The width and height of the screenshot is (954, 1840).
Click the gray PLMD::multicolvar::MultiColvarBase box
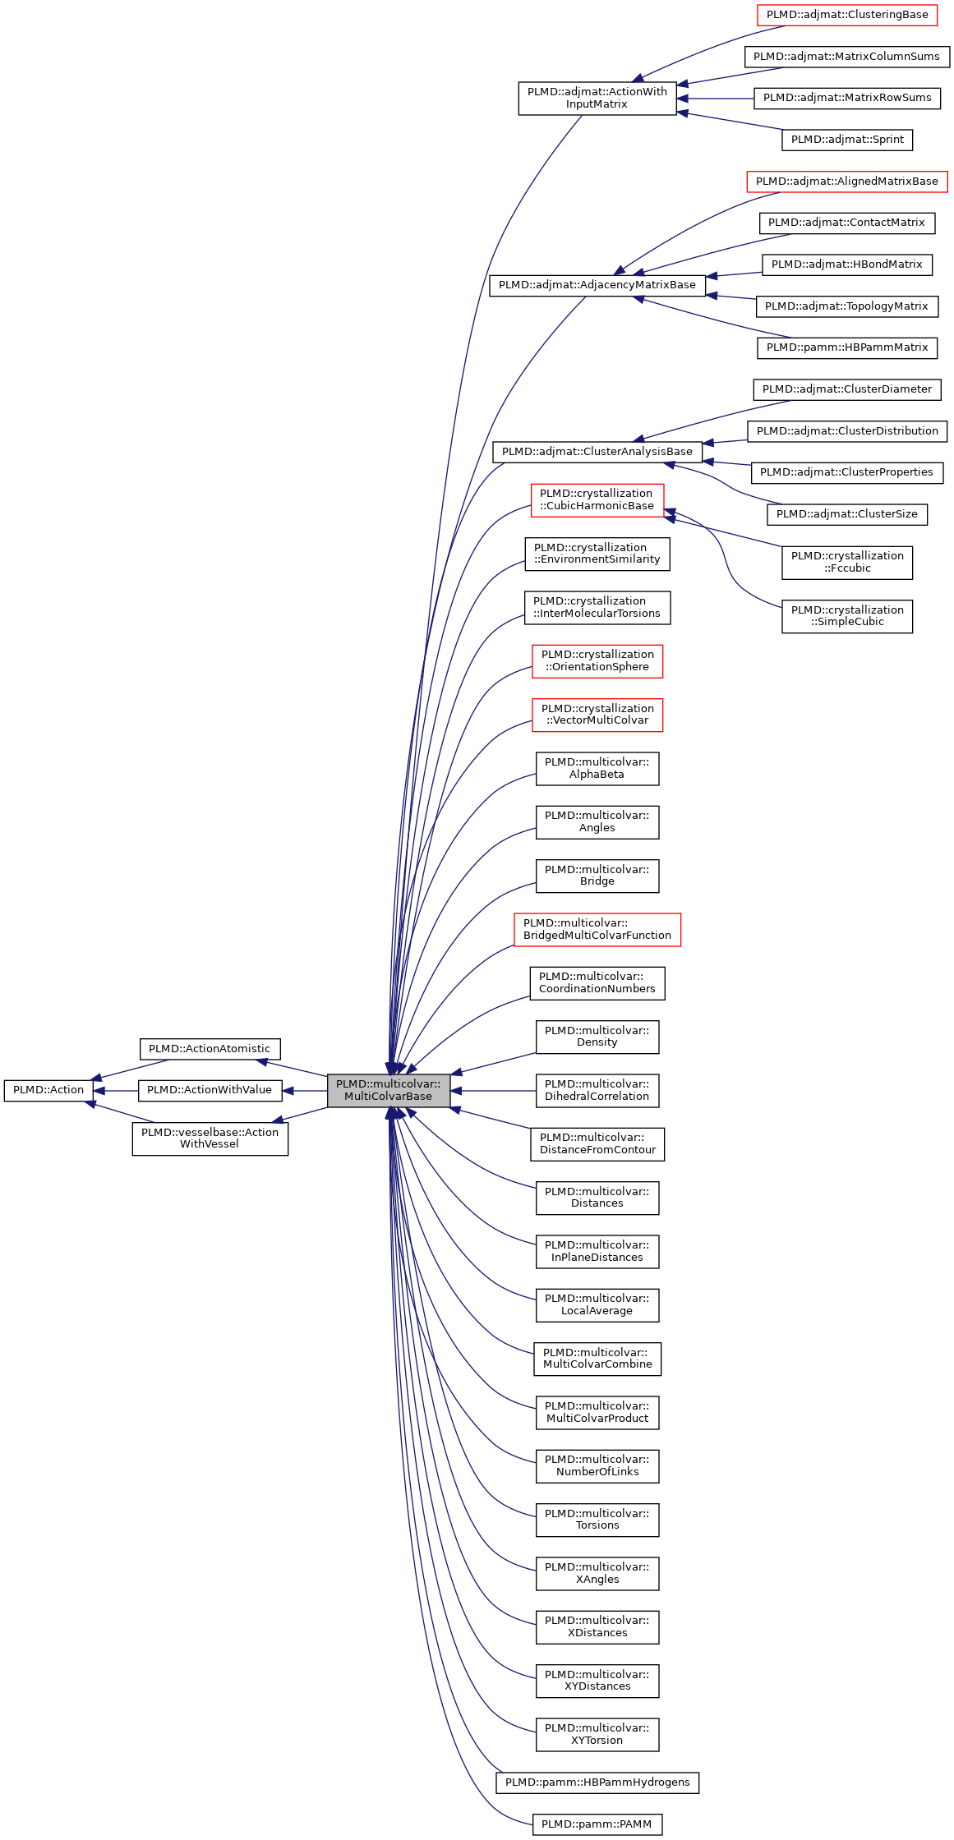click(388, 1090)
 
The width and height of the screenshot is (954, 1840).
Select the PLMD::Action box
click(48, 1090)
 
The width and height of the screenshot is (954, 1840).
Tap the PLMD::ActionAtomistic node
click(210, 1049)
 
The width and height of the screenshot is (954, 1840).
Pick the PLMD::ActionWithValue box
click(210, 1090)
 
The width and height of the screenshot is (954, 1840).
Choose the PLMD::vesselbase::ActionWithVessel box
click(210, 1138)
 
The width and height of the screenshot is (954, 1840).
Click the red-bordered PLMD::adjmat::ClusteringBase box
click(846, 15)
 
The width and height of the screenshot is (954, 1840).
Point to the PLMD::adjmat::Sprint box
click(846, 140)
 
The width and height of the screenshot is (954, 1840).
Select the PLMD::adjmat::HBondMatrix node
click(846, 264)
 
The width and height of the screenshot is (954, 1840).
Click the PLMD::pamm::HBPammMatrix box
click(846, 347)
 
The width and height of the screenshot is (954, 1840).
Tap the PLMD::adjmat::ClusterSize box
click(846, 514)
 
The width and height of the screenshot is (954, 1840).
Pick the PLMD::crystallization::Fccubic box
click(846, 562)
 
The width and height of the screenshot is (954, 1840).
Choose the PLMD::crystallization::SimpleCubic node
click(846, 616)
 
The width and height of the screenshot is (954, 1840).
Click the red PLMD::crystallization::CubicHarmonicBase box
click(597, 499)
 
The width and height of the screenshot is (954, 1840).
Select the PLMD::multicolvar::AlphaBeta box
click(597, 768)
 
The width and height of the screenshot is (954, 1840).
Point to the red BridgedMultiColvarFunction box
click(597, 929)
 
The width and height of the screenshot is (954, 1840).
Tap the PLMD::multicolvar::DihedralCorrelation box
click(597, 1090)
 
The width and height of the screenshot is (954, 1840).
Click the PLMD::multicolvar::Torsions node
click(597, 1520)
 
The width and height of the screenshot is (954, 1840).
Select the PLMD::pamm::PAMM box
click(597, 1824)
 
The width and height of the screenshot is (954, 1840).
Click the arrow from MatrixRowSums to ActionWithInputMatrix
click(715, 99)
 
